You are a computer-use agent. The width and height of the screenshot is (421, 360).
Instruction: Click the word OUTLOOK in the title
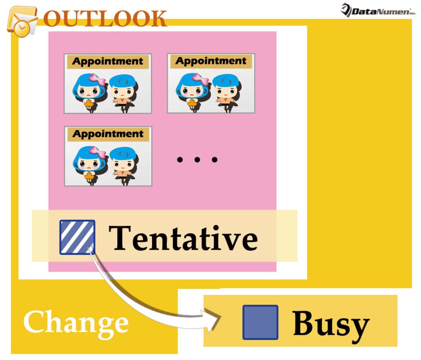(105, 18)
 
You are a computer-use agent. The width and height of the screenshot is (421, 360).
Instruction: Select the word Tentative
(183, 238)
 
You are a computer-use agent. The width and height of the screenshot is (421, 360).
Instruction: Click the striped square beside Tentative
(77, 237)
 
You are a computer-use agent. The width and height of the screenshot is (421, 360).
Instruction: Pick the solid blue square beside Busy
(260, 322)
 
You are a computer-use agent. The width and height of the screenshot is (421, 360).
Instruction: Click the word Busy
(331, 323)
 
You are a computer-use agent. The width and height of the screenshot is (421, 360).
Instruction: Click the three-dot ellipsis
(197, 159)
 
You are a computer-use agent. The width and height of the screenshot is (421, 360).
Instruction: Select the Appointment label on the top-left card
(108, 62)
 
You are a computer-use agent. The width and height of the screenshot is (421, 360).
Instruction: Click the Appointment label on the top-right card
(211, 62)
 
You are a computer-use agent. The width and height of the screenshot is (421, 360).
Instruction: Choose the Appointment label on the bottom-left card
(108, 134)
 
